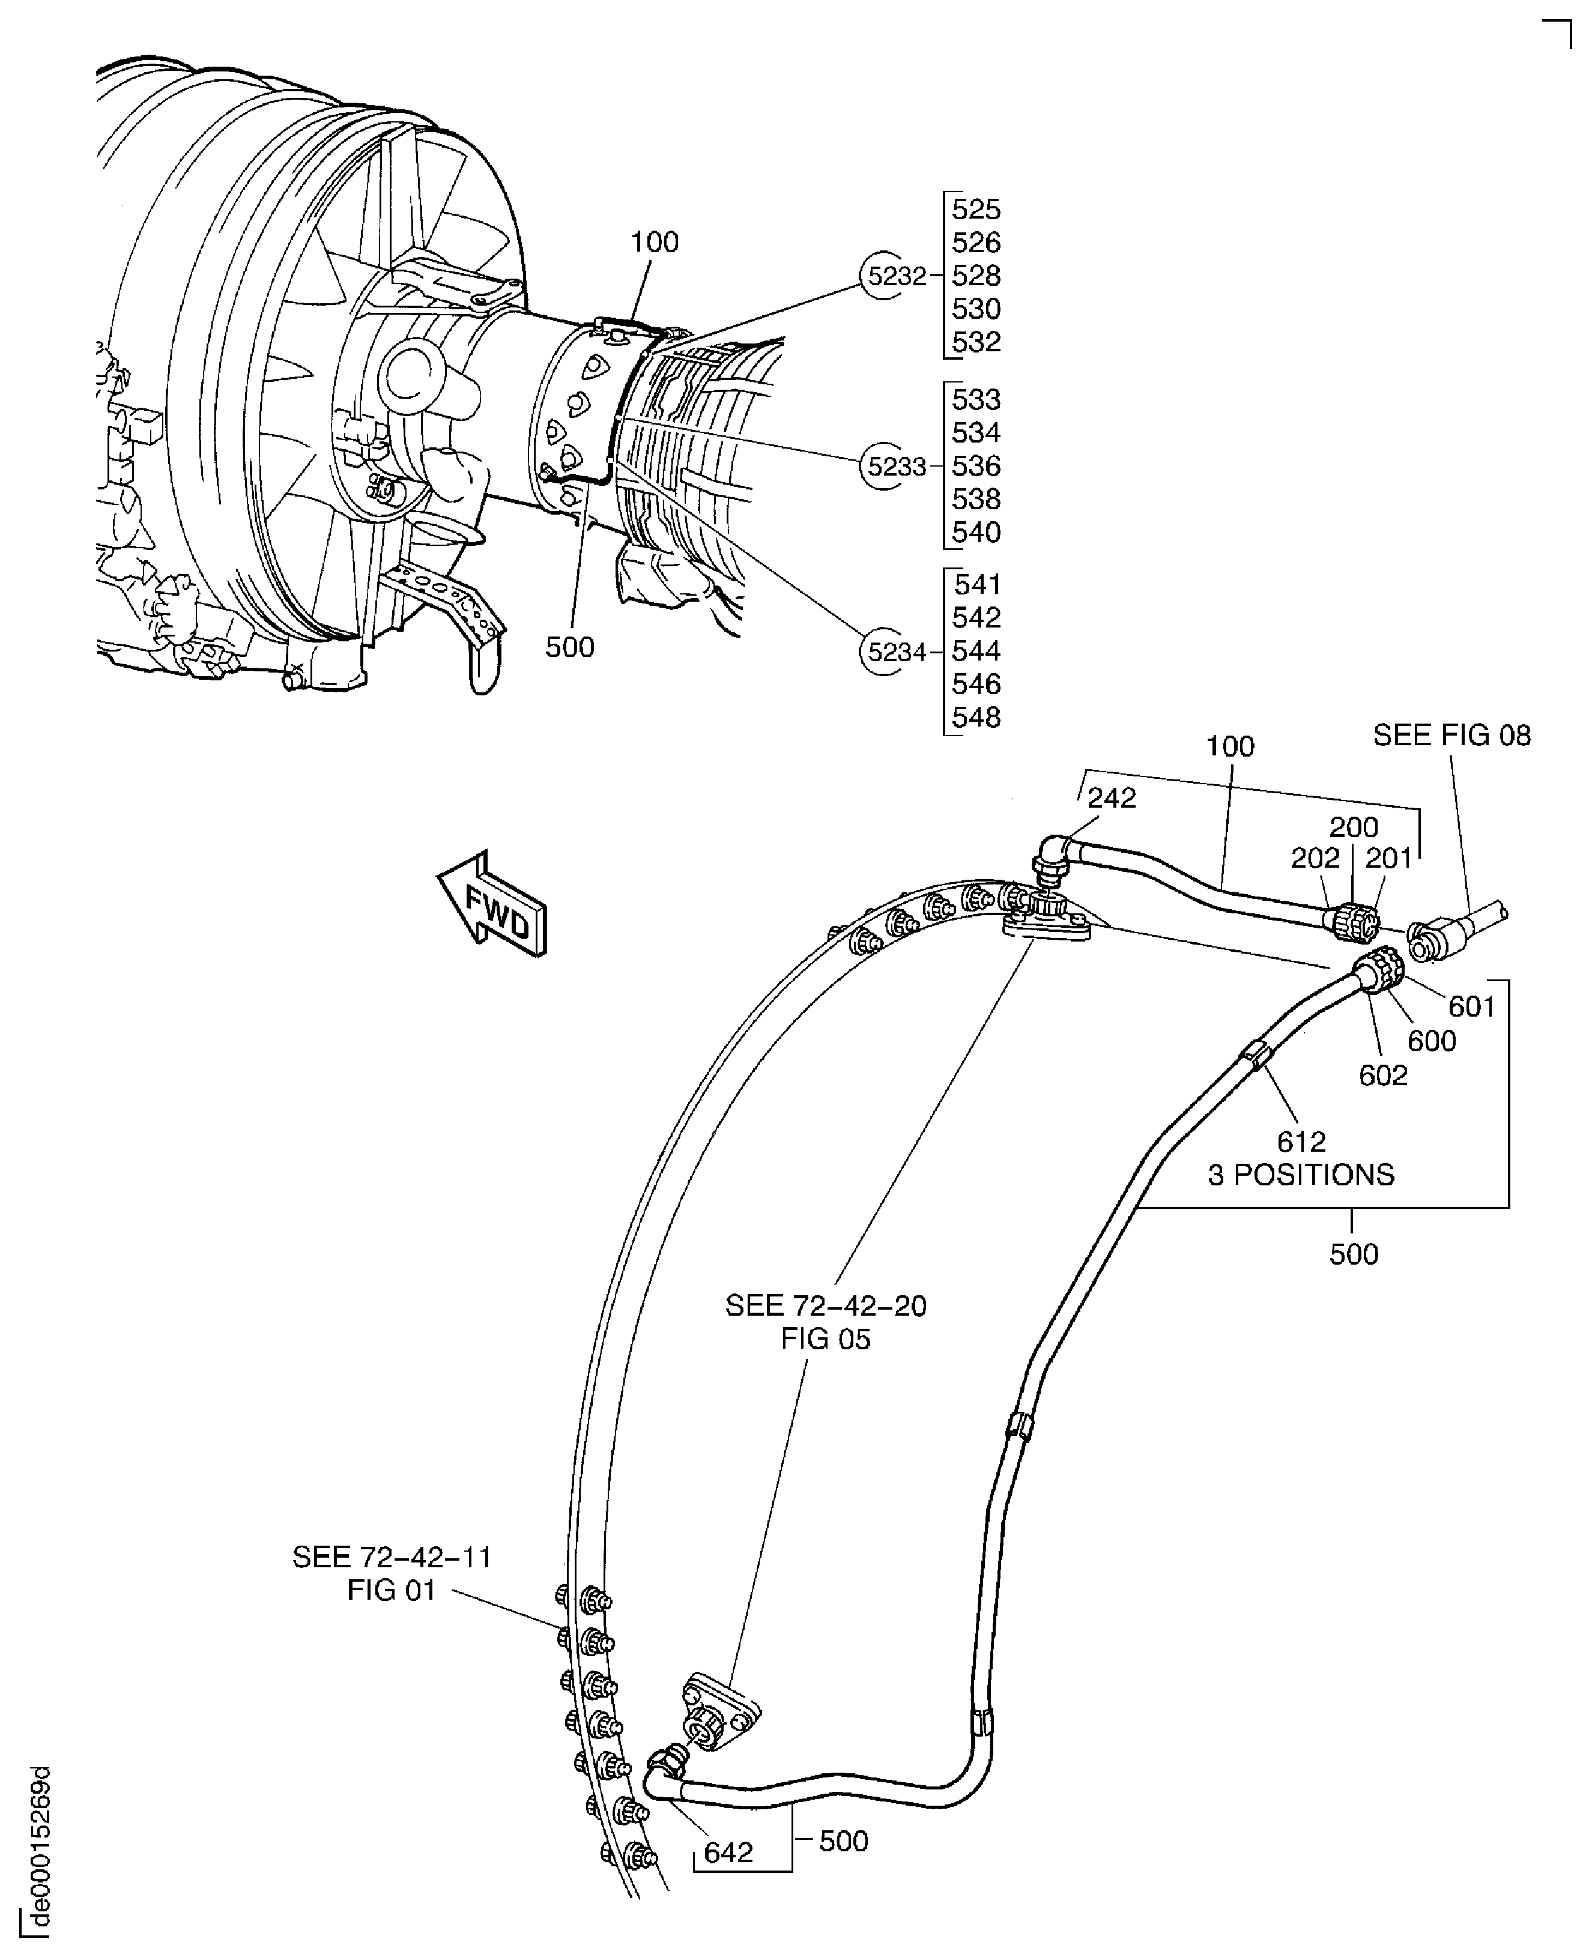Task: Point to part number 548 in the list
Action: click(976, 717)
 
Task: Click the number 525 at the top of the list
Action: click(976, 210)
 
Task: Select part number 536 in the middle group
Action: click(976, 467)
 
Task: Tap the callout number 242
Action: click(1112, 798)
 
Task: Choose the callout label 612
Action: click(1301, 1142)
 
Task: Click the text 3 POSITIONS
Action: click(1301, 1175)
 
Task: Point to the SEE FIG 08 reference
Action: click(1451, 736)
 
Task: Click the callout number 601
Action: click(1472, 1007)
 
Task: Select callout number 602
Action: click(1383, 1075)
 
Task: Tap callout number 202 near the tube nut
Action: click(1315, 858)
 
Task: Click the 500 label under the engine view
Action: click(569, 647)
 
